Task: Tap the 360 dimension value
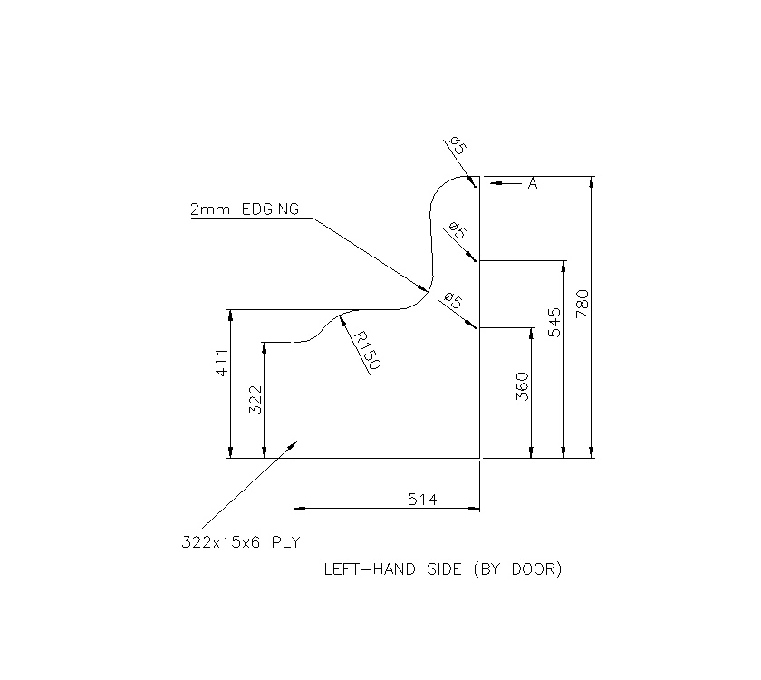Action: coord(522,386)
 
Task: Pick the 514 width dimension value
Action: coord(421,500)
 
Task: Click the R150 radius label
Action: coord(366,350)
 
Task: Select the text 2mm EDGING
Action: coord(244,209)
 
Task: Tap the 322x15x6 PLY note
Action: coord(239,543)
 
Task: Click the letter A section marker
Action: coord(533,184)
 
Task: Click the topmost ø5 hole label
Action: coord(458,145)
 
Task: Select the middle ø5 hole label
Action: coord(458,232)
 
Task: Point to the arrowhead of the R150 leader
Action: coord(341,318)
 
